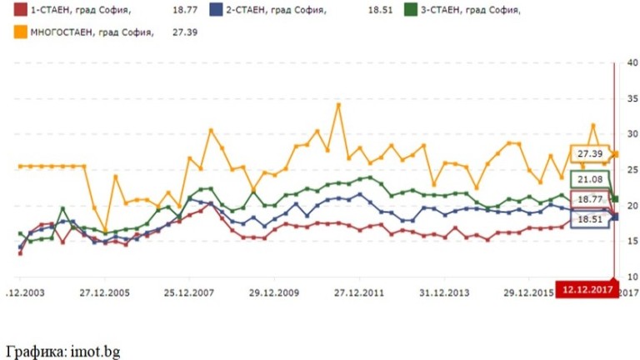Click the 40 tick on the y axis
coord(631,63)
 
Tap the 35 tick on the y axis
coord(631,98)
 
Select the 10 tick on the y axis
coord(631,276)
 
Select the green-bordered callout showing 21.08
coord(587,178)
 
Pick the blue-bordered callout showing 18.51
coord(587,219)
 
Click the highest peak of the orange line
coord(338,105)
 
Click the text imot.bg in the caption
coord(93,351)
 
